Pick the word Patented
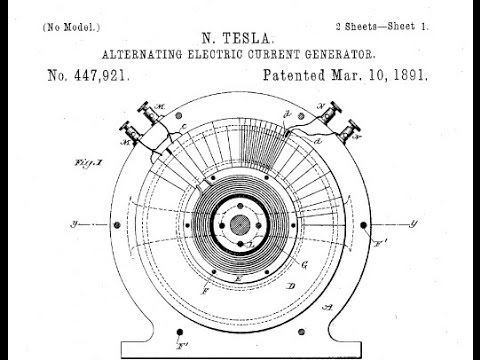pyautogui.click(x=302, y=75)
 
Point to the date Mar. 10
pyautogui.click(x=369, y=75)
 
